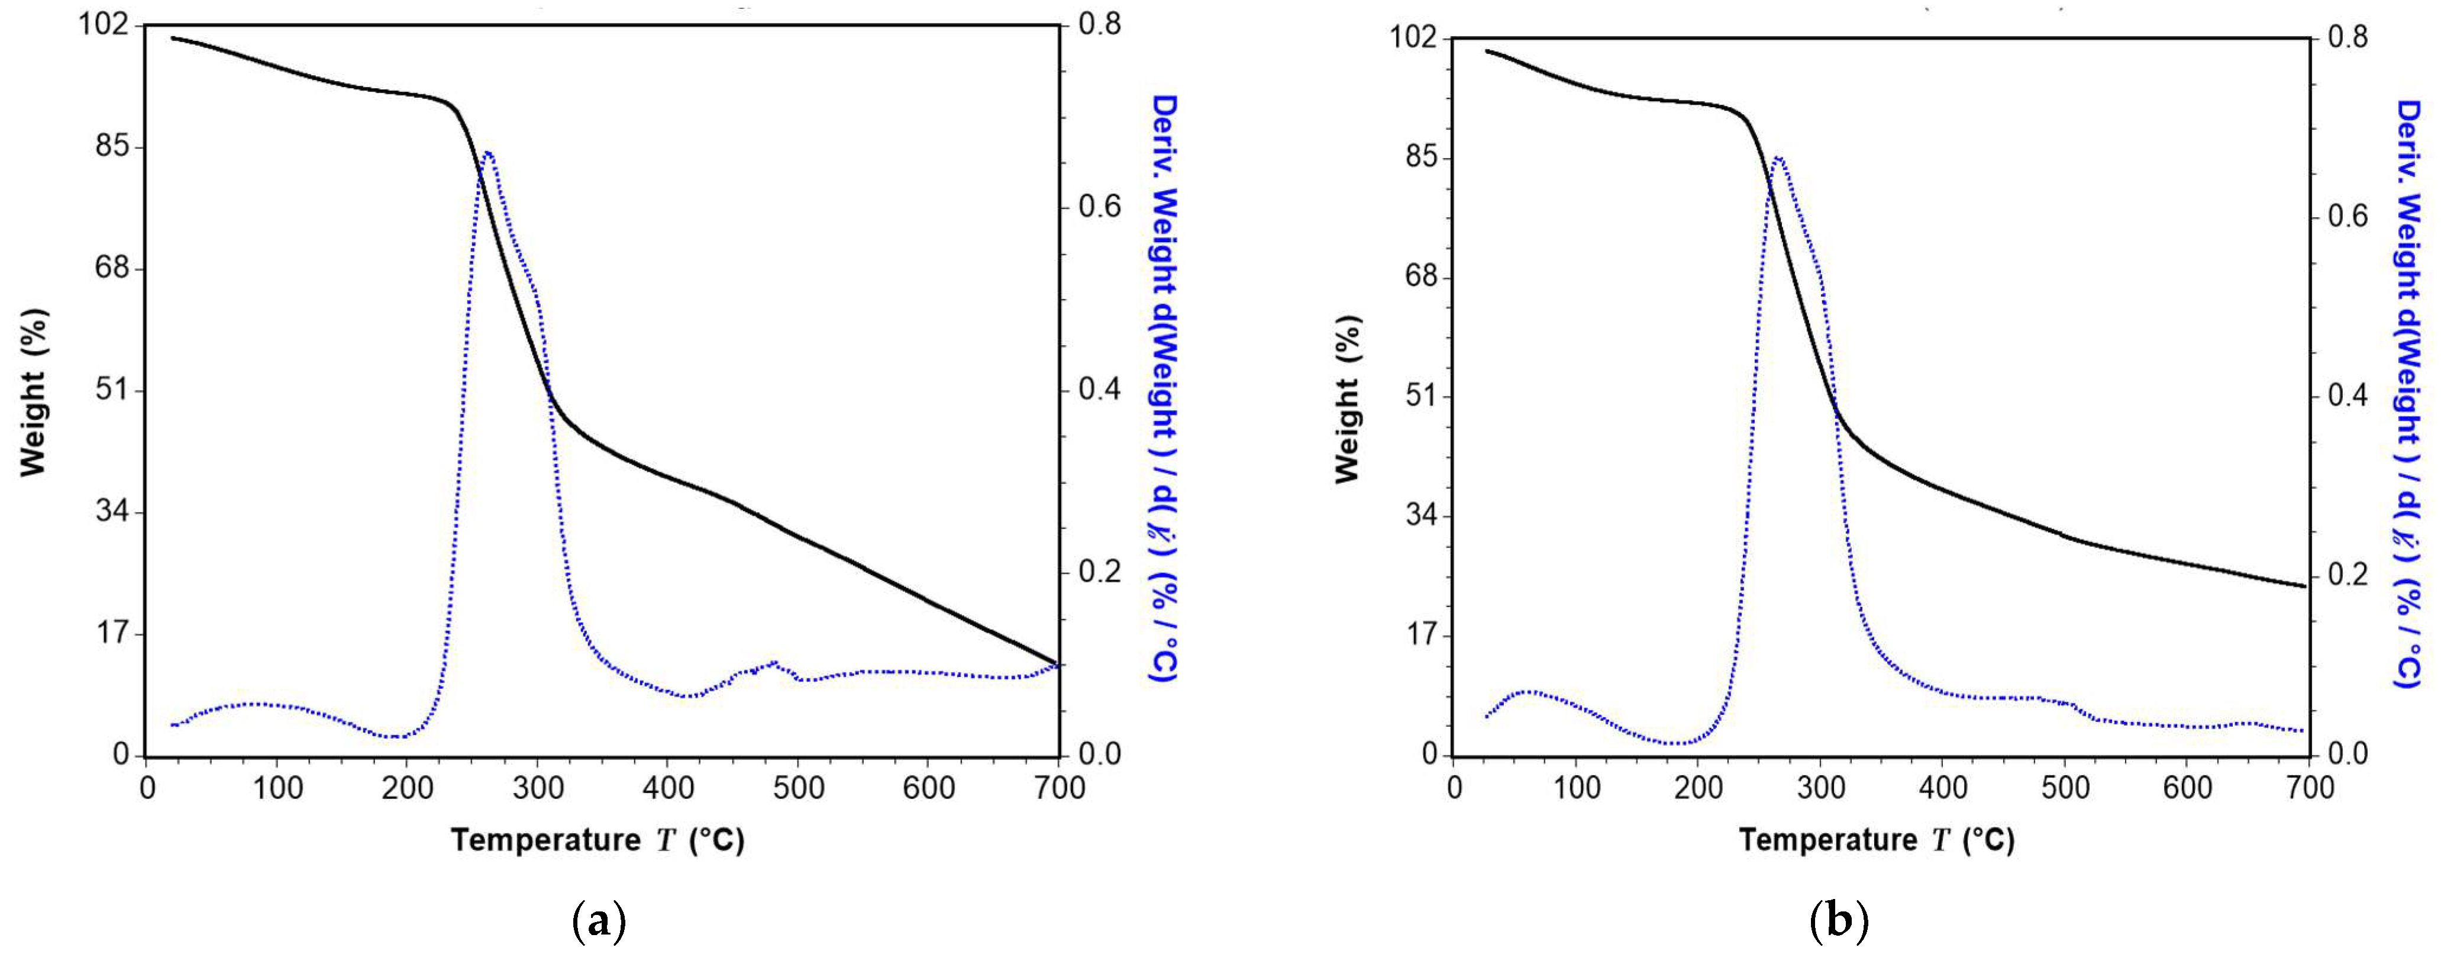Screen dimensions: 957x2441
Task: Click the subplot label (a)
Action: pos(600,921)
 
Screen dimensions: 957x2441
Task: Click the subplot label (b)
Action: pos(1838,921)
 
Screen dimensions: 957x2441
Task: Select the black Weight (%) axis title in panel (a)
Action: pos(33,392)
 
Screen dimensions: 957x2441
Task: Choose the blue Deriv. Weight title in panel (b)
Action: pos(2411,393)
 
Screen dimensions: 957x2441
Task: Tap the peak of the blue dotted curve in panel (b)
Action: pos(1778,158)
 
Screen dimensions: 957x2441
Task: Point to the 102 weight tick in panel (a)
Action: pos(105,25)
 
